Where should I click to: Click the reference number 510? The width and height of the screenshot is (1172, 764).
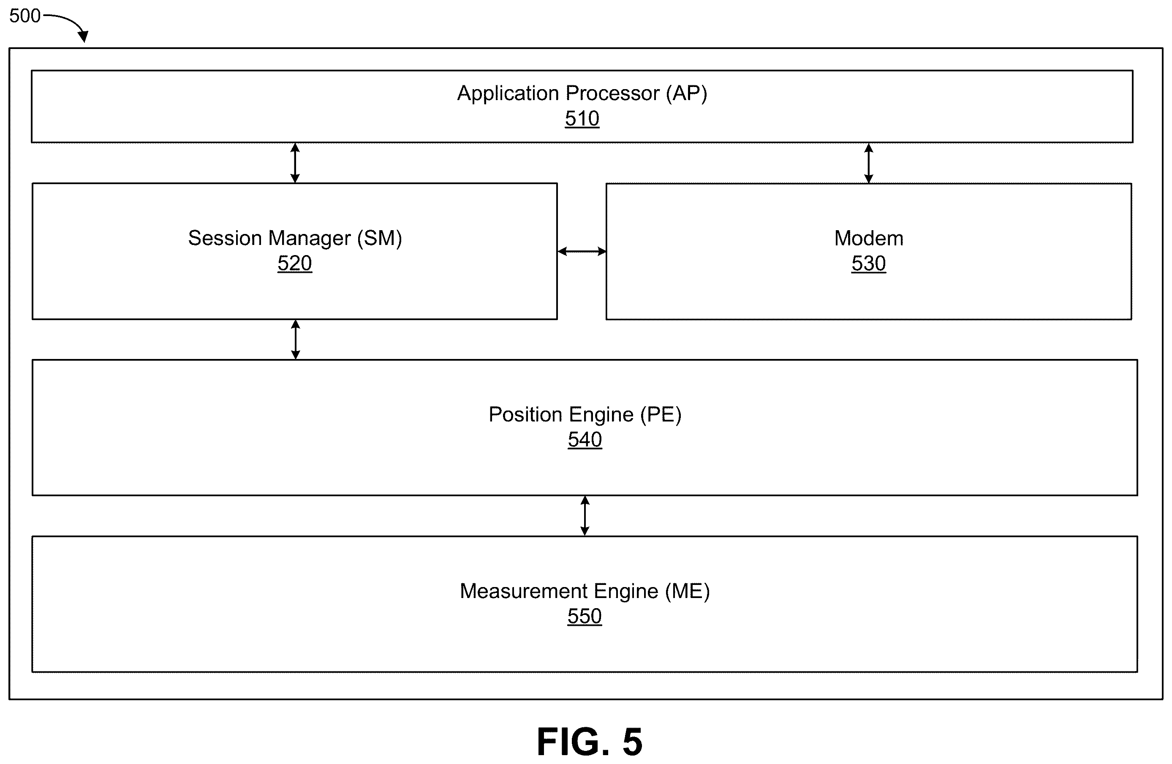pos(582,119)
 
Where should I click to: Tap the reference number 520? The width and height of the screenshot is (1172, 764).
pos(294,264)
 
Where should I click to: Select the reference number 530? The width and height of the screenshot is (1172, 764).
pos(869,264)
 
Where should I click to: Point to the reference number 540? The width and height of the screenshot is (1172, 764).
pos(585,440)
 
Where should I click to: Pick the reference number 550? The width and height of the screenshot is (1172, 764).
pos(585,616)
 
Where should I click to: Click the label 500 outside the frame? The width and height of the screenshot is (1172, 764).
pos(24,16)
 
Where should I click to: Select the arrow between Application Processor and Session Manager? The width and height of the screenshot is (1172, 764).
pos(295,163)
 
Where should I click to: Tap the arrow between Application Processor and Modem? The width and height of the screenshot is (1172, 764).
pos(869,163)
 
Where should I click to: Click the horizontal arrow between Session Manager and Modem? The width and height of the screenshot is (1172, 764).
pos(582,252)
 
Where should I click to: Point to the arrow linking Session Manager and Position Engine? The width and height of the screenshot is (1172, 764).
pos(296,340)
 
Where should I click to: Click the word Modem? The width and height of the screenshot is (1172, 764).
pos(869,239)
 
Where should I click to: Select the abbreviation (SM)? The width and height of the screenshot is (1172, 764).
pos(379,239)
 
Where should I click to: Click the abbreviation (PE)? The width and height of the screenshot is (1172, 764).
pos(661,415)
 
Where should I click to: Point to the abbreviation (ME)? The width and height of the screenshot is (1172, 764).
pos(688,591)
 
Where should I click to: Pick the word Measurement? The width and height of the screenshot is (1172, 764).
pos(523,591)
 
